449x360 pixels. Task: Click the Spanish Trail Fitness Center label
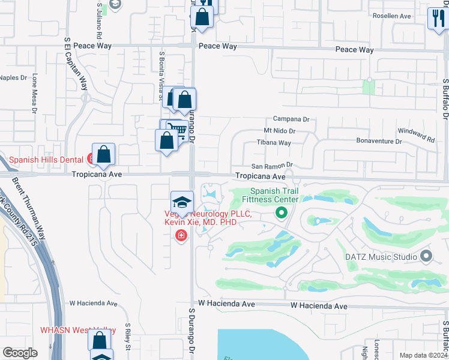click(270, 194)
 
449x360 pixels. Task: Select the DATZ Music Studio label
click(381, 257)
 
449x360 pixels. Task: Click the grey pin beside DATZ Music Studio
click(427, 257)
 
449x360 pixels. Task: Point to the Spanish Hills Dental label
click(46, 160)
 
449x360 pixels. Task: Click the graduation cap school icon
click(182, 202)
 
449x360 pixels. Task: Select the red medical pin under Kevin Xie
click(181, 236)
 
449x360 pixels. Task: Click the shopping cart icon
click(175, 129)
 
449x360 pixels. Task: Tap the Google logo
click(20, 353)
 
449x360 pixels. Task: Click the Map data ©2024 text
click(423, 355)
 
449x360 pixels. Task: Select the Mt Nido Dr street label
click(280, 131)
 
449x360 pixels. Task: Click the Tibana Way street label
click(274, 143)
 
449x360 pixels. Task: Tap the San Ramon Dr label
click(271, 165)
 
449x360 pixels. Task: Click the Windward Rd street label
click(416, 134)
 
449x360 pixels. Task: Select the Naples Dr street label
click(13, 77)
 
